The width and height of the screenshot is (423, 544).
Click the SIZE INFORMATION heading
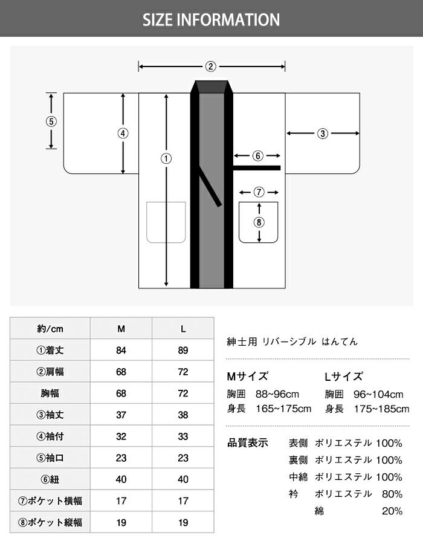click(211, 20)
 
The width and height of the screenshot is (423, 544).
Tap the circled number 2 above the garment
click(211, 66)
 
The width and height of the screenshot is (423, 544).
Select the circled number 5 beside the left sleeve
click(51, 121)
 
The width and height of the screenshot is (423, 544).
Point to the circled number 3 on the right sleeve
click(323, 133)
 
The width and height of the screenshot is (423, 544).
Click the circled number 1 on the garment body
click(166, 158)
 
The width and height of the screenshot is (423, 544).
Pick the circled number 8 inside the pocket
click(259, 222)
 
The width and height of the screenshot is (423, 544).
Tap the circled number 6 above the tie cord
click(257, 156)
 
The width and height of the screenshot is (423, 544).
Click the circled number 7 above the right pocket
click(259, 192)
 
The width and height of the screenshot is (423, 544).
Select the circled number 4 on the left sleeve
click(123, 133)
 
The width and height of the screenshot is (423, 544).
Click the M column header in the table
click(121, 329)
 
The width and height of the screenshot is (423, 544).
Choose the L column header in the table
click(183, 329)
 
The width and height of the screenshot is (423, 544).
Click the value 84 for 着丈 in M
click(121, 350)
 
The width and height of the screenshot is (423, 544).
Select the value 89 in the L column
click(183, 350)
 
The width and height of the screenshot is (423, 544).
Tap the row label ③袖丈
click(50, 415)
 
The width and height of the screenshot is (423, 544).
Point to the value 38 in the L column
click(183, 415)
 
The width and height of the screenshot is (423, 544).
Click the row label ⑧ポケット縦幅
click(50, 522)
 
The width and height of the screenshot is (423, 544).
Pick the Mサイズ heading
click(248, 376)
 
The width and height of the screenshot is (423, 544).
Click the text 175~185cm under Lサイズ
click(381, 409)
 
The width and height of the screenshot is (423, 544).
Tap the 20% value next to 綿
click(392, 511)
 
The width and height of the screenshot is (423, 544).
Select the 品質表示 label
click(248, 442)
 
